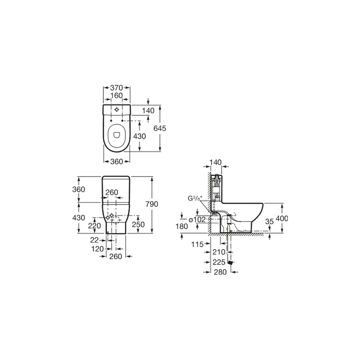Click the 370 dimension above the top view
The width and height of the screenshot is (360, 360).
click(x=117, y=87)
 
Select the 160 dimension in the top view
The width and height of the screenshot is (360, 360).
click(x=117, y=95)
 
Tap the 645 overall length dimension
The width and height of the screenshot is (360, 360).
click(x=160, y=129)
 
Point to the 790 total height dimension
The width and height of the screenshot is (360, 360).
click(x=152, y=204)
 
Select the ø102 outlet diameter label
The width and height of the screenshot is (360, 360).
click(x=197, y=220)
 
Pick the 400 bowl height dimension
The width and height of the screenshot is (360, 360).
click(x=282, y=219)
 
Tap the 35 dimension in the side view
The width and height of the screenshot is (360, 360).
click(x=269, y=221)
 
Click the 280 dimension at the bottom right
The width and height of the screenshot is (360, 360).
click(x=220, y=272)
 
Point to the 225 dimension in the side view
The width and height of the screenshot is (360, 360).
click(x=219, y=262)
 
